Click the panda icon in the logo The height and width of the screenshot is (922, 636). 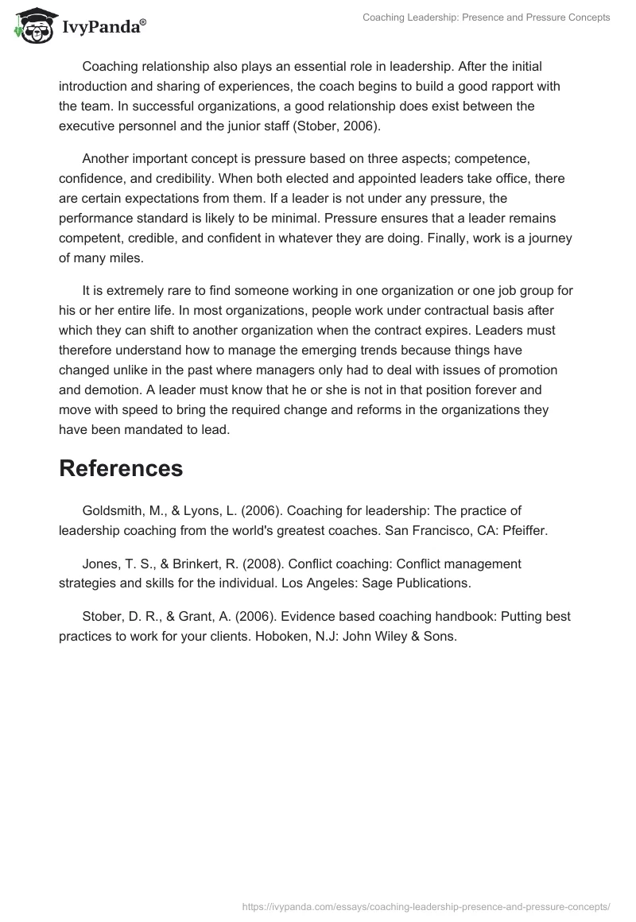pos(29,25)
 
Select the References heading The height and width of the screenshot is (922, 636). pos(121,468)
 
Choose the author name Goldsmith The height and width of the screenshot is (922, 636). pos(111,510)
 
